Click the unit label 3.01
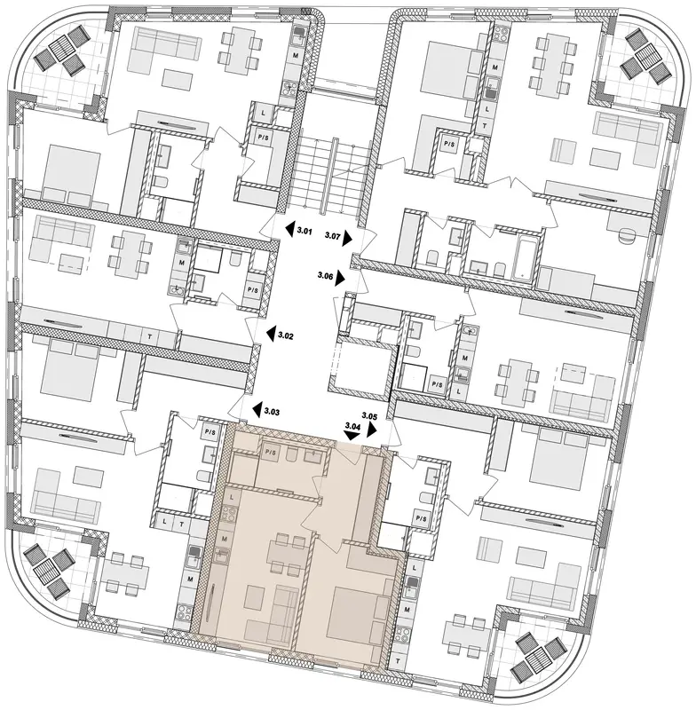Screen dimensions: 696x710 [x=304, y=232]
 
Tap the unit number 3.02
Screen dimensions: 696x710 [x=286, y=335]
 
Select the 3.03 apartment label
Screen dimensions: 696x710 [x=272, y=412]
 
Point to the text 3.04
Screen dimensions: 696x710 [x=352, y=426]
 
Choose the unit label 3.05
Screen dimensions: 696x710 [x=369, y=414]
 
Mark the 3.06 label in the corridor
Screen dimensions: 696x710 [x=325, y=275]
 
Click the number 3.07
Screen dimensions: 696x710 [x=333, y=235]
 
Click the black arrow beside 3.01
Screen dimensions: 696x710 [x=289, y=229]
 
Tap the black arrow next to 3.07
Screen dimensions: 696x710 [x=348, y=238]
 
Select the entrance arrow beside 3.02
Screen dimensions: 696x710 [x=272, y=334]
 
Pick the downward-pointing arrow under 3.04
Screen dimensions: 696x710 [x=352, y=435]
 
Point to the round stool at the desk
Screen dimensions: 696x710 [x=626, y=237]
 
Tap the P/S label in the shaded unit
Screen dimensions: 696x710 [x=271, y=452]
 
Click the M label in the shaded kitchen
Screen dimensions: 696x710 [x=225, y=539]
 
